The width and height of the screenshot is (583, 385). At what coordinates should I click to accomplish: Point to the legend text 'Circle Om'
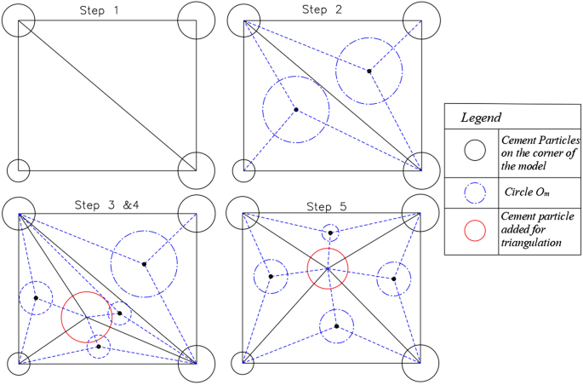click(529, 192)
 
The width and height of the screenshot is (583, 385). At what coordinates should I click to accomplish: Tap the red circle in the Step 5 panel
click(328, 268)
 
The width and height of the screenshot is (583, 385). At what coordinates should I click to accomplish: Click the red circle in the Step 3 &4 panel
click(86, 317)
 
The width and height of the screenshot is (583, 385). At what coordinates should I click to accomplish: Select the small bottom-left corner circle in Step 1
click(19, 170)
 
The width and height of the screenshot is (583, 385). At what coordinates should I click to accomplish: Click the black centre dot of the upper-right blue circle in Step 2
click(369, 71)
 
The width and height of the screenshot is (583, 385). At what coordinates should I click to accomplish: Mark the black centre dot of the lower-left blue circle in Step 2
click(295, 110)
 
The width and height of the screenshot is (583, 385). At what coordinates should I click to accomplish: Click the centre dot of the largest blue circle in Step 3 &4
click(144, 264)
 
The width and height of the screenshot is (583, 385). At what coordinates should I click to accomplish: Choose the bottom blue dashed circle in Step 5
click(337, 326)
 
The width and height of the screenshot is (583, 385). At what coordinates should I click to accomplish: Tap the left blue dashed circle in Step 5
click(271, 276)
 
